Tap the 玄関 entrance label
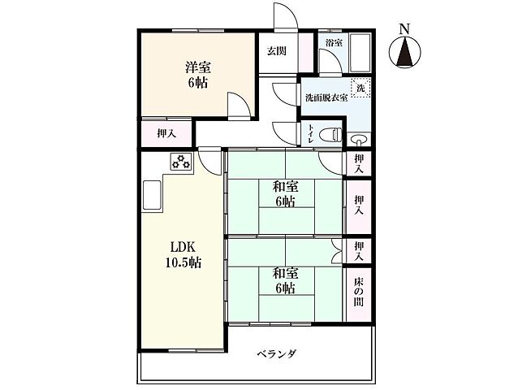276,50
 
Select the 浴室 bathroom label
333,42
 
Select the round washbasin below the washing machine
359,140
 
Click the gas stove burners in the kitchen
179,162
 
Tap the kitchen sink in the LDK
153,195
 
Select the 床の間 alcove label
358,291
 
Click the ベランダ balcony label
277,354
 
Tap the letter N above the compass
404,29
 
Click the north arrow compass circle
404,54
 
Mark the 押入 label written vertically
358,204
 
